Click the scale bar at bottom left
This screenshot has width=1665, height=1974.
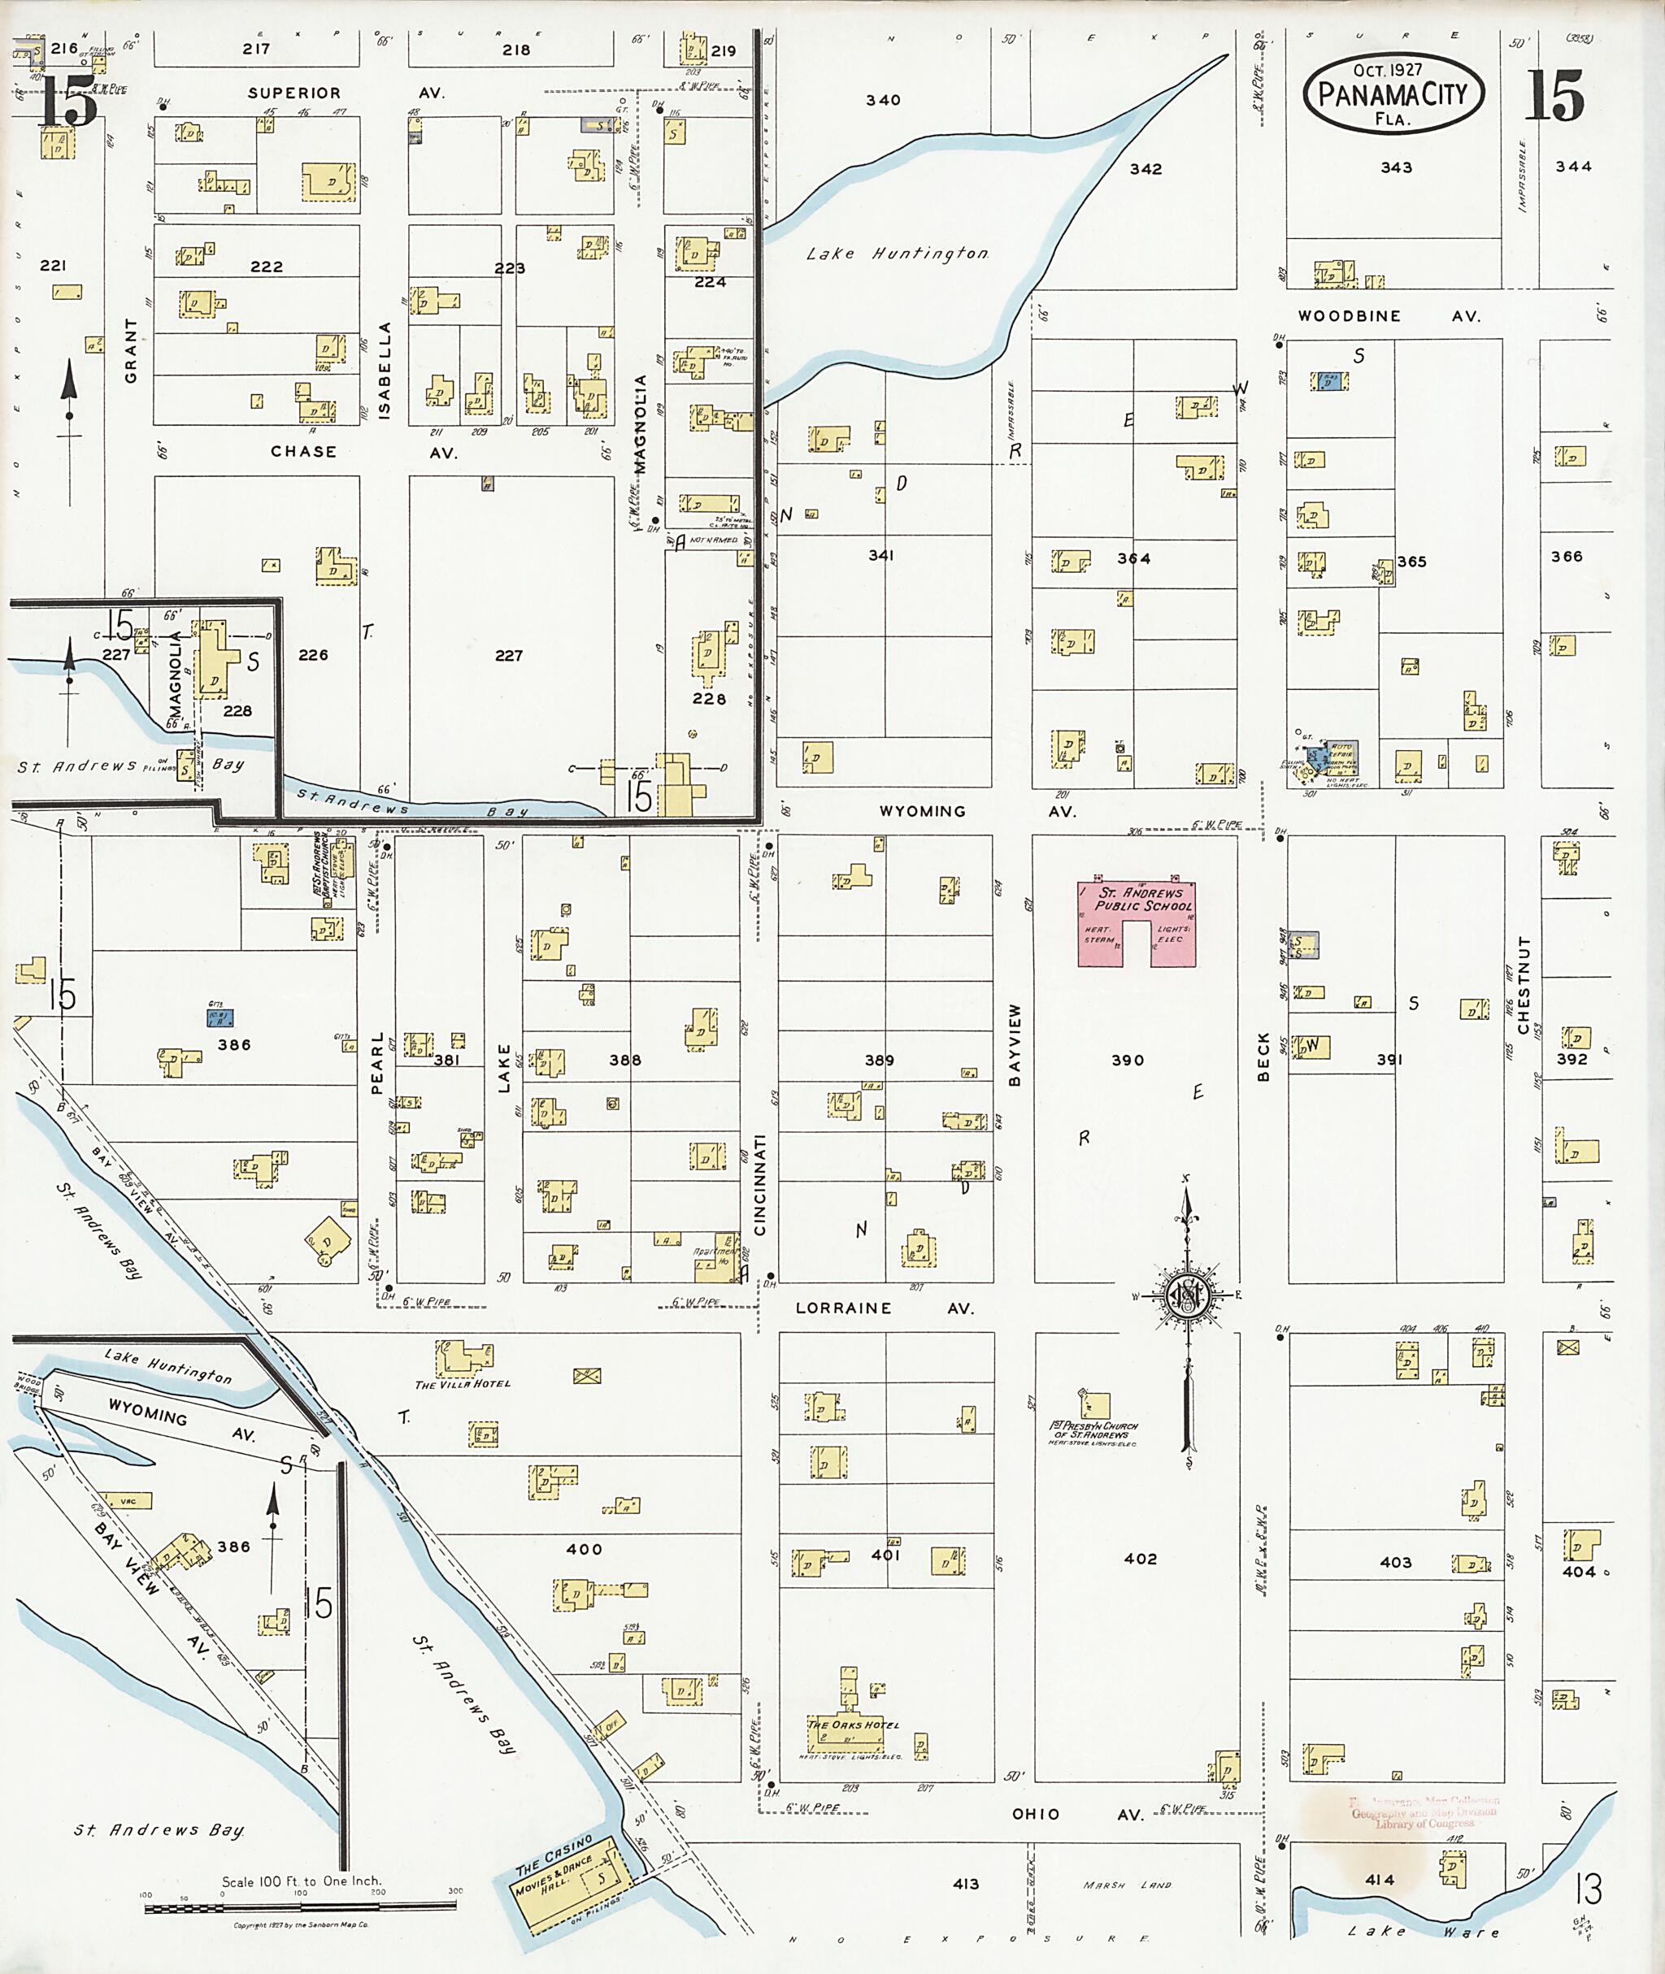(300, 1907)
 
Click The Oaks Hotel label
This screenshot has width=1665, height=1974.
(852, 1724)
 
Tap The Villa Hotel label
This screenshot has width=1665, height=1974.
(463, 1384)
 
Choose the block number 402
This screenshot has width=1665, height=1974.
(1140, 1558)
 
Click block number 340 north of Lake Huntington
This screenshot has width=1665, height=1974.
(883, 99)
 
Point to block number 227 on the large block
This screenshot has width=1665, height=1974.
(509, 655)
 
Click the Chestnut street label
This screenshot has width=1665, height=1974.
(1523, 985)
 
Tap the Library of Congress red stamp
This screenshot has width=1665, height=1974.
(1424, 1811)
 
